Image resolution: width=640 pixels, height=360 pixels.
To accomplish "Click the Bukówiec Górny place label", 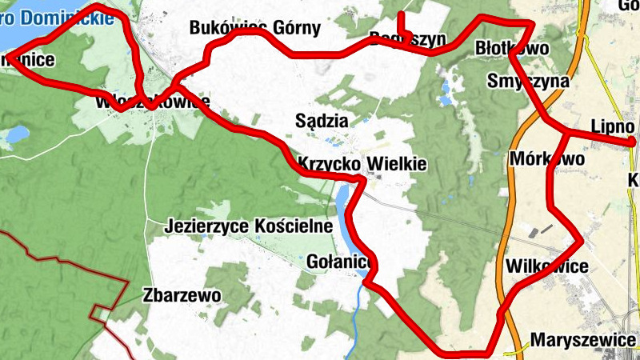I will [x=254, y=29].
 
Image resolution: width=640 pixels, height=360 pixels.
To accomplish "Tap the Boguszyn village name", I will [x=407, y=38].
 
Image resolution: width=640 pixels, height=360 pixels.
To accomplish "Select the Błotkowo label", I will [x=512, y=48].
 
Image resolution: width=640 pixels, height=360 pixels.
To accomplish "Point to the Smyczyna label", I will [x=528, y=82].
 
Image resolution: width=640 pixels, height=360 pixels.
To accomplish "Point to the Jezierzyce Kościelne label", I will [x=248, y=226].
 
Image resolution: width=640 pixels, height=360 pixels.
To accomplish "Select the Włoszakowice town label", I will [x=152, y=102].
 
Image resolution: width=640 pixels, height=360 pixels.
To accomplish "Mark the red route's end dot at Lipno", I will [x=633, y=142].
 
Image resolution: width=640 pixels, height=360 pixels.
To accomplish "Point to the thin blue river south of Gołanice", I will [x=354, y=320].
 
